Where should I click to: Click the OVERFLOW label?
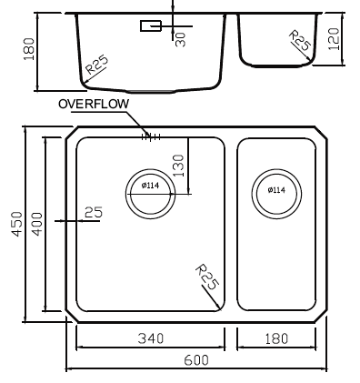(94, 104)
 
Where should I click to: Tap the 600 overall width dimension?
(196, 360)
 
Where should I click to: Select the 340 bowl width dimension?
(151, 338)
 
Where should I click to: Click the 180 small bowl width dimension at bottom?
(276, 338)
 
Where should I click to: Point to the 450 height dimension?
(17, 224)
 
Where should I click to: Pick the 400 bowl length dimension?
(37, 224)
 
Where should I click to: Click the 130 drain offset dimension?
(178, 166)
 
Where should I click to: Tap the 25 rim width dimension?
(94, 212)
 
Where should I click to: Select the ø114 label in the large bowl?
(150, 185)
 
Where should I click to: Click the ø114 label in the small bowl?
(276, 190)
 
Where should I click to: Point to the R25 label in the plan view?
(206, 277)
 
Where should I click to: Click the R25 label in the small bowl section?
(300, 40)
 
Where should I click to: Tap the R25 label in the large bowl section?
(96, 65)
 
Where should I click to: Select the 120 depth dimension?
(334, 39)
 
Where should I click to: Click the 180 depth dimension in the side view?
(29, 49)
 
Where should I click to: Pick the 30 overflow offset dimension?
(181, 39)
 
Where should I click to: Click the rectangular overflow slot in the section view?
(151, 25)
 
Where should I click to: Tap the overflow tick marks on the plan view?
(151, 137)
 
